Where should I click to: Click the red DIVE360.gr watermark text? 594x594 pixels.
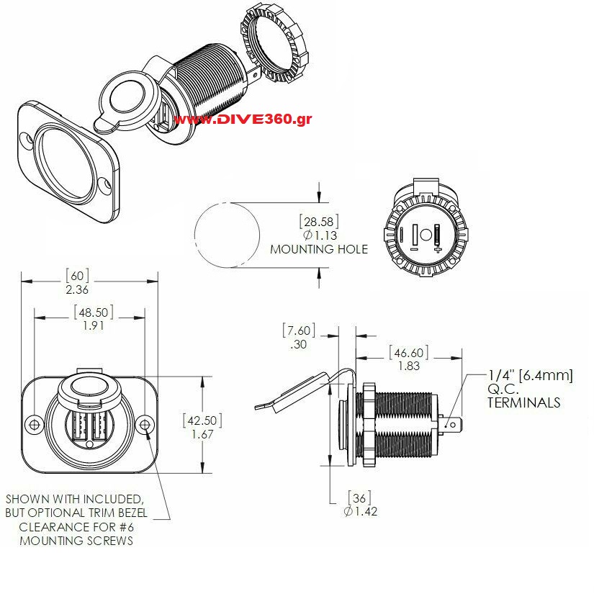coord(243,119)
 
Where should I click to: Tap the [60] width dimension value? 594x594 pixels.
coord(77,276)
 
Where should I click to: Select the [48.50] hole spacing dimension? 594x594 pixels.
coord(93,312)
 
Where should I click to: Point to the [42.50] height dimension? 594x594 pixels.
coord(202,420)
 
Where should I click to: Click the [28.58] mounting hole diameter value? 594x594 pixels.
coord(319,222)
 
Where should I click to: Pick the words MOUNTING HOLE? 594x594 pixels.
coord(319,249)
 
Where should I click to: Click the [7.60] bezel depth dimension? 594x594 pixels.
coord(299,330)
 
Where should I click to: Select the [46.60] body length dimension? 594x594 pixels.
coord(409,353)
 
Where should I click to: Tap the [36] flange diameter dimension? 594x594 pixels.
coord(359,498)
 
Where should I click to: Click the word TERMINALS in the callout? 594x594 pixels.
coord(524,402)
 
